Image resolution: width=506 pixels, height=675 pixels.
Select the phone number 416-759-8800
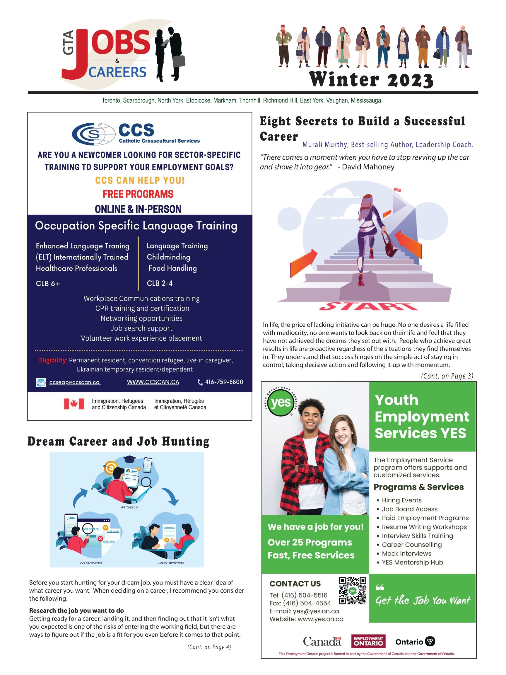(224, 382)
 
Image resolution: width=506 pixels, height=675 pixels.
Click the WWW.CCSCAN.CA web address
(153, 382)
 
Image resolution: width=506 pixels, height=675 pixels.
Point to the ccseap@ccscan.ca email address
(75, 382)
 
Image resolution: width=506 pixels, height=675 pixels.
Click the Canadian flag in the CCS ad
(74, 404)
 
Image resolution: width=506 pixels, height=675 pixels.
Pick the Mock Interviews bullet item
(406, 553)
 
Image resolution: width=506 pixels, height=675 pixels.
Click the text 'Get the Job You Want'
(423, 601)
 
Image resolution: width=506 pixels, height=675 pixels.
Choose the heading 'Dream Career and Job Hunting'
(118, 442)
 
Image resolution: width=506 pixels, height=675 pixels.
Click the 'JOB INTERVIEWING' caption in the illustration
(171, 562)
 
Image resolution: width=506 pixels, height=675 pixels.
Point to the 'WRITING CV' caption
(129, 507)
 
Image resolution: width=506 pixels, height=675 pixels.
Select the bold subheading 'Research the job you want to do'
(76, 610)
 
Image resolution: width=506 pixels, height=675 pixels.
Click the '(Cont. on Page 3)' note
(447, 376)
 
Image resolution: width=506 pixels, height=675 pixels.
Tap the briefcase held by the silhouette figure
(179, 61)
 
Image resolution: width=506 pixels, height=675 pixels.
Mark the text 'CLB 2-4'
(160, 283)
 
